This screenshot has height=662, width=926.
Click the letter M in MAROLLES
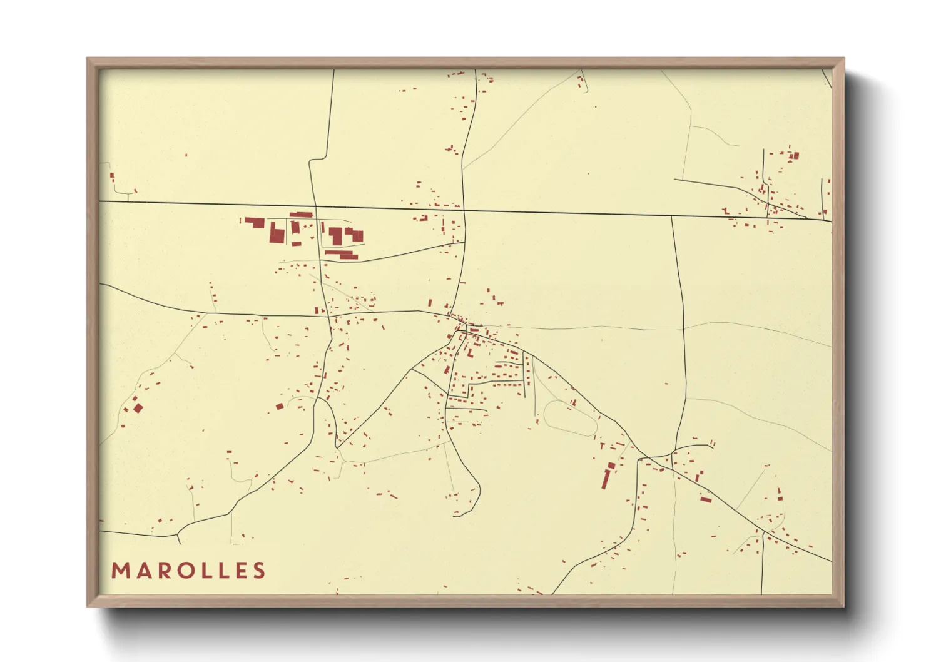tap(120, 571)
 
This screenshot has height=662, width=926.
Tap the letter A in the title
tap(143, 571)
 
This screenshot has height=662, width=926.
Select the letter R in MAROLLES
tap(163, 571)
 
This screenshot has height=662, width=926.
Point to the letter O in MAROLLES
tap(185, 571)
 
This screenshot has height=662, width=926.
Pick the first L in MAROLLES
tap(207, 571)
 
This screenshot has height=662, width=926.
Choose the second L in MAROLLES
tap(224, 571)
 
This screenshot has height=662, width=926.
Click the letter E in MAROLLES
tap(241, 571)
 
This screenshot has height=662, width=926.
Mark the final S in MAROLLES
tap(259, 571)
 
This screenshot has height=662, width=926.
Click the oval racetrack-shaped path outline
tap(570, 418)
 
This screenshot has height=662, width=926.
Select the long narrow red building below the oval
tap(606, 476)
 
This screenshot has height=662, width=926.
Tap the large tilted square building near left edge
tap(138, 408)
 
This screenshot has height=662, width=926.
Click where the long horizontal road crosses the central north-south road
tap(464, 210)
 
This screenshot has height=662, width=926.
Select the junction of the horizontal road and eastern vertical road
tap(672, 216)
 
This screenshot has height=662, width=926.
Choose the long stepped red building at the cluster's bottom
tap(342, 254)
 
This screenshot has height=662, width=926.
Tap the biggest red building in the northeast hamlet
tap(795, 155)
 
